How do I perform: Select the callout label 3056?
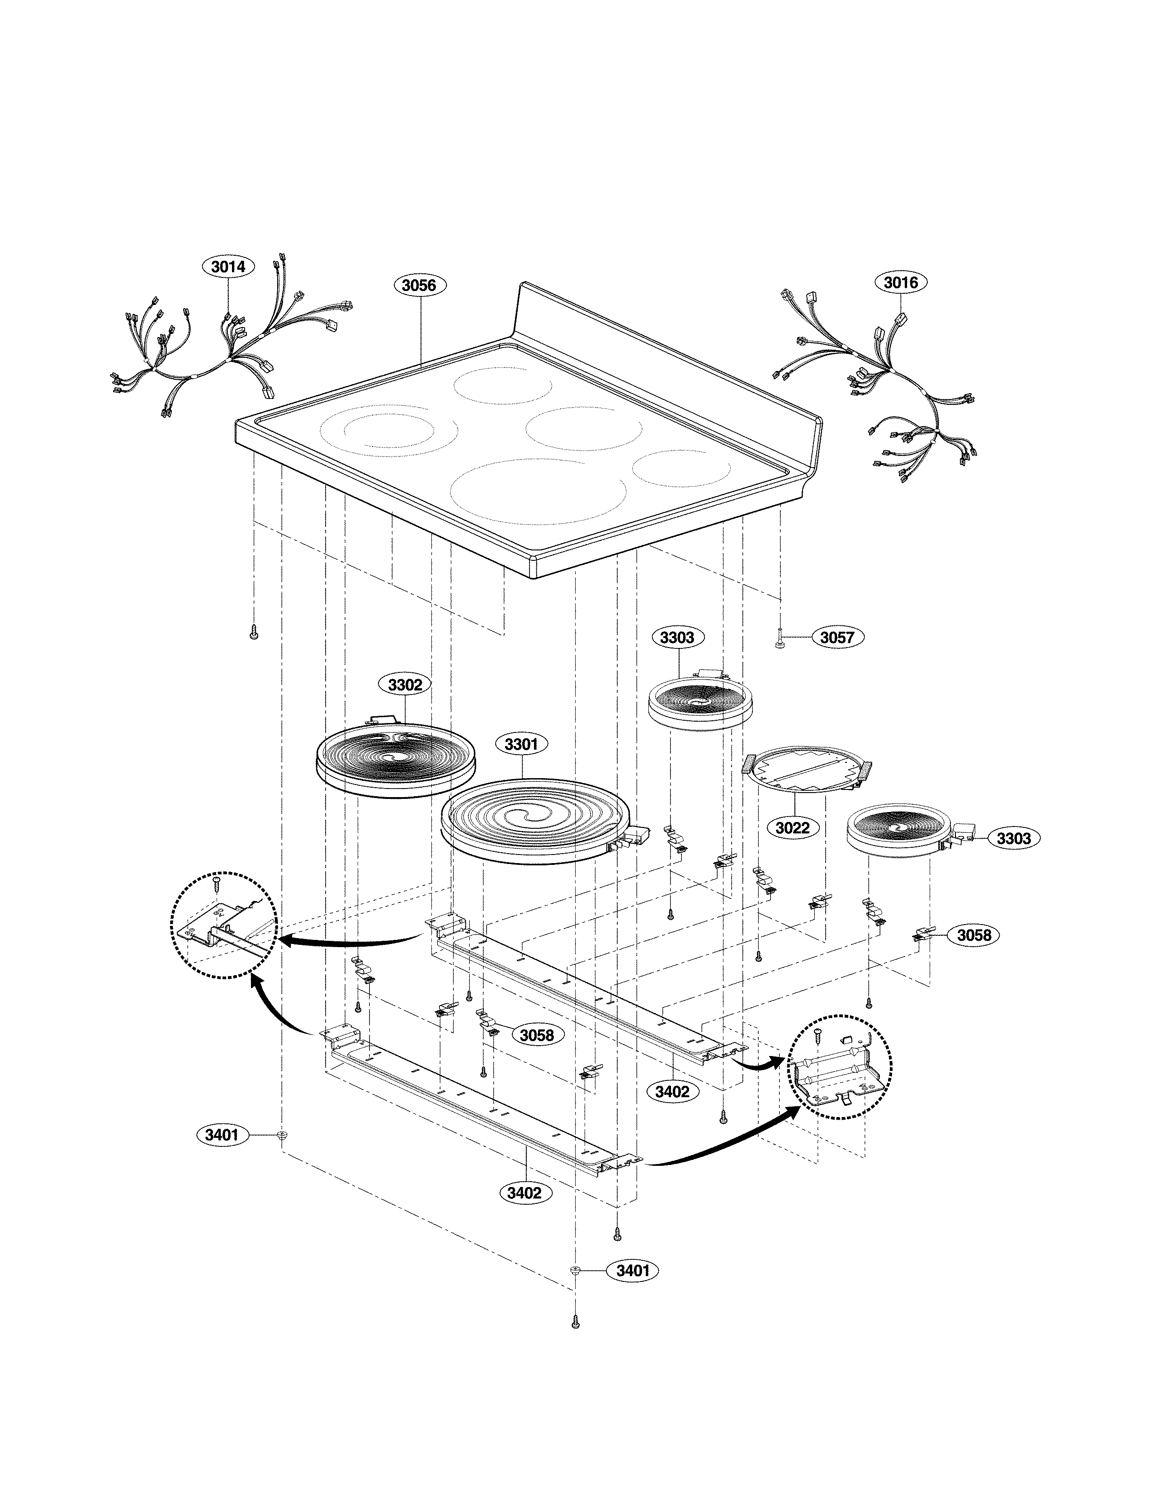tap(419, 285)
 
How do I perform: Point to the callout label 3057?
tap(837, 638)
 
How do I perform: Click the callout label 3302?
tap(405, 684)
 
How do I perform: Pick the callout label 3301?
tap(521, 744)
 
